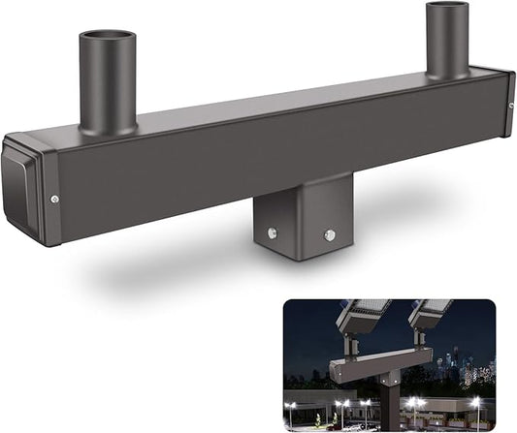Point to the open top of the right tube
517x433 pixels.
(x=446, y=9)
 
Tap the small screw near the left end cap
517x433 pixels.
(x=54, y=199)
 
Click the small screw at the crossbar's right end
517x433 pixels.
(x=508, y=104)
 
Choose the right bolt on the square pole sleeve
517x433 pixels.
(x=330, y=234)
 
